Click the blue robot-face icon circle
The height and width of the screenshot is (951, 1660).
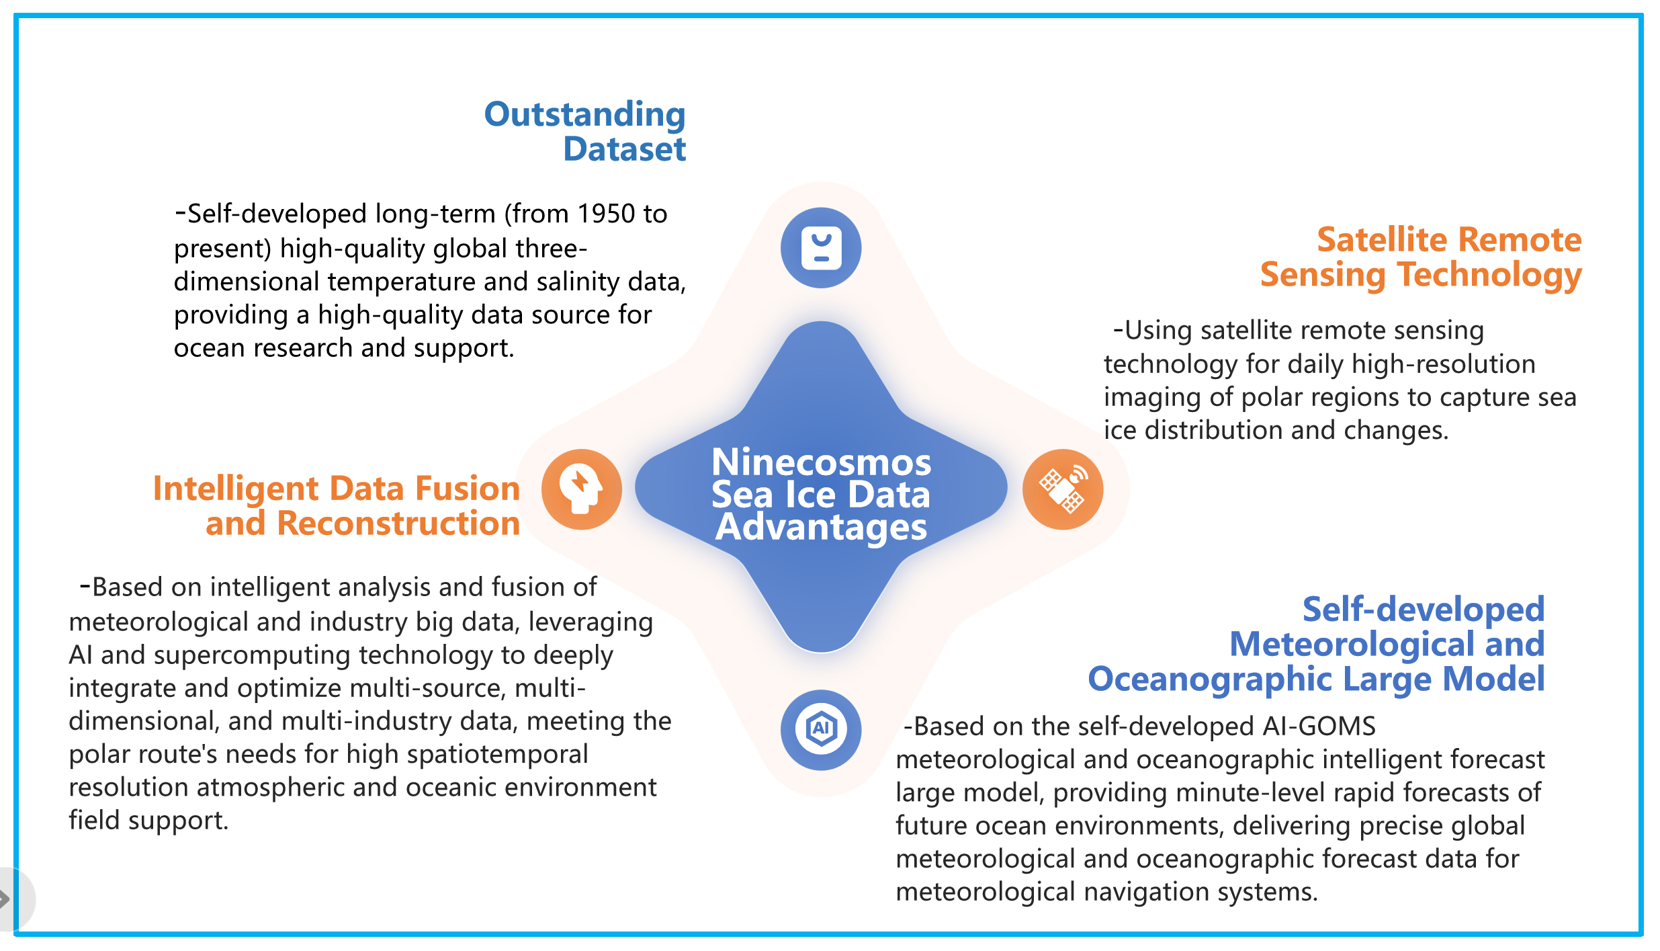click(x=821, y=248)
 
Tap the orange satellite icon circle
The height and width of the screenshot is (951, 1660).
click(x=1063, y=489)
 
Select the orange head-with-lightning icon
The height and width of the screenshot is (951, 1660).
click(x=582, y=489)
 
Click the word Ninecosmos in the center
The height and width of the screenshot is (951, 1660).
click(x=821, y=462)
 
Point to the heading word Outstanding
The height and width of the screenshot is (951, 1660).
click(x=584, y=114)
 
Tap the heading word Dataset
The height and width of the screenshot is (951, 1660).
click(x=625, y=149)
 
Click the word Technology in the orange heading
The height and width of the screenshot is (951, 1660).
click(x=1489, y=276)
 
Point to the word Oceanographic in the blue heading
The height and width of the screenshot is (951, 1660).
click(x=1210, y=679)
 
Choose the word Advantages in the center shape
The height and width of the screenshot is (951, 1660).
click(x=821, y=527)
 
